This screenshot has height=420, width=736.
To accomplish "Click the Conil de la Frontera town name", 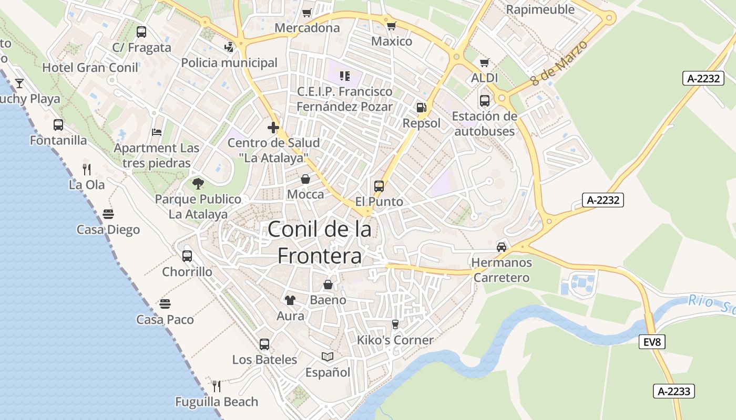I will pos(320,242).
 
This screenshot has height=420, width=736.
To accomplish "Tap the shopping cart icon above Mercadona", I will pos(307,13).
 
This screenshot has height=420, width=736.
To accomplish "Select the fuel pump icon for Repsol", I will pos(421,108).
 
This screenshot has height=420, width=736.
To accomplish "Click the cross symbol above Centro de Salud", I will pos(273,127).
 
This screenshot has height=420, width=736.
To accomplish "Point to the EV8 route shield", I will pos(652,342).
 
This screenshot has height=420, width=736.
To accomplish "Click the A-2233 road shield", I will pos(674,391).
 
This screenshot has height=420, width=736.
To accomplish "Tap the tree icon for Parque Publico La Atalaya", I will pos(198,183).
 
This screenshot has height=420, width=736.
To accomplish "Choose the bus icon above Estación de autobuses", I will pos(485,100).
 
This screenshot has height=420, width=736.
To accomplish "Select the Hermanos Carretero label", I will pos(502,270).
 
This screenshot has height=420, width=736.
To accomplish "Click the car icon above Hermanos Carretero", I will pos(502,247).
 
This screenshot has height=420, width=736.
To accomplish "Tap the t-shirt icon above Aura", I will pos(290,300).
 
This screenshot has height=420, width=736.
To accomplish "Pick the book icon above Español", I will pos(328,357).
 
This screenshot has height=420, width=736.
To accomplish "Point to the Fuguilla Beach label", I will pos(217,402).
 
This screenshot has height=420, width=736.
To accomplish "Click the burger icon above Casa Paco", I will pos(165,304).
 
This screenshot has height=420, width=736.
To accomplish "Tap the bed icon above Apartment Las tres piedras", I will pos(157,132).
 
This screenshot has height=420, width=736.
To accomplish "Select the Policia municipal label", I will pos(229,63).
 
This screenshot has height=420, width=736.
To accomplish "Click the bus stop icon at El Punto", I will pos(379,186).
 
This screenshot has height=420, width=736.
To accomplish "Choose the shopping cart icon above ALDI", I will pos(485,62).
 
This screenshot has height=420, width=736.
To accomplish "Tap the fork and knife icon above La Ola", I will pos(87,169).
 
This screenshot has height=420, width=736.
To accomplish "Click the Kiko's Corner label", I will pos(395,340).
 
